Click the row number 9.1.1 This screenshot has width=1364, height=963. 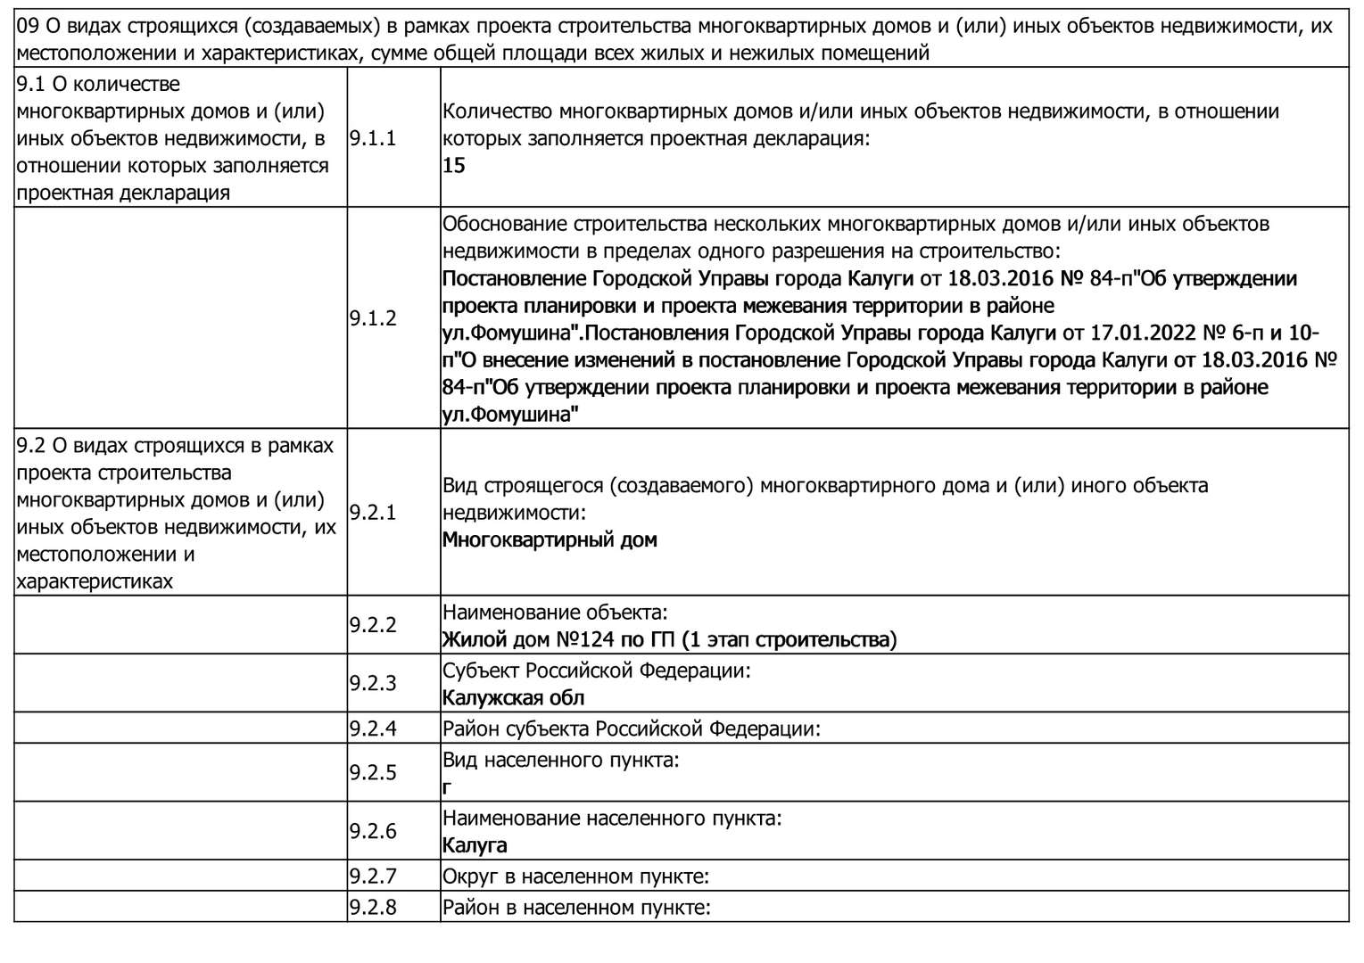click(x=372, y=138)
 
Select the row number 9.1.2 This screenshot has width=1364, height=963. click(x=372, y=318)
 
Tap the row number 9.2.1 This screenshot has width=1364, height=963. click(x=372, y=513)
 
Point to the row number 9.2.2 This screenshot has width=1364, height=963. click(x=372, y=625)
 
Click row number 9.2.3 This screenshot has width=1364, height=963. click(x=372, y=684)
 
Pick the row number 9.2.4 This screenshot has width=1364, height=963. click(x=372, y=728)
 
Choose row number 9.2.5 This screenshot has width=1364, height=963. click(x=372, y=772)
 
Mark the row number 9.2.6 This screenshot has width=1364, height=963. click(x=372, y=831)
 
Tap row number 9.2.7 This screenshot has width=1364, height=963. click(x=372, y=877)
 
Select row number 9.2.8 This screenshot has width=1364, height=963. click(x=372, y=908)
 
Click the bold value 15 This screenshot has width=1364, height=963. click(x=454, y=166)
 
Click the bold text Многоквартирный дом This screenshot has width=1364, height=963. click(x=550, y=540)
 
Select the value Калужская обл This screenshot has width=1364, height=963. click(x=513, y=698)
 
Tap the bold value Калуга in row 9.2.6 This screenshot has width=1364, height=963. click(x=475, y=845)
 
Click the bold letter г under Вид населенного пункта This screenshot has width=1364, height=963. click(x=447, y=788)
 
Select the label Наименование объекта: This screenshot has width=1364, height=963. click(x=555, y=613)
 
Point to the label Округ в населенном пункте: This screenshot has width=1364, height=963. click(x=575, y=877)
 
